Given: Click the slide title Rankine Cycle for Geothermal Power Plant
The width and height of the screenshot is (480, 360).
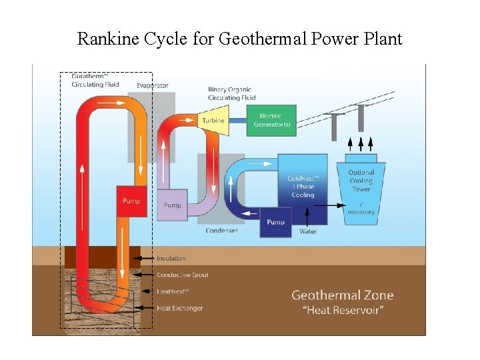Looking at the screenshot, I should pos(239,39).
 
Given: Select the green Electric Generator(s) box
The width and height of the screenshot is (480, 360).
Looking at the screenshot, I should pos(271,121).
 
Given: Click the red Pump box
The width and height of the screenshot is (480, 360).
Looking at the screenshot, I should pos(131,201).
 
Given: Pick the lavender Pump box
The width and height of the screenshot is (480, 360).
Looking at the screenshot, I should pos(172,205).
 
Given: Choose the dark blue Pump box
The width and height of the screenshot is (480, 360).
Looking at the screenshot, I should pos(275,221).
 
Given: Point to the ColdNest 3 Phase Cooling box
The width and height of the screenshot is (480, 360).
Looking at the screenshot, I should pos(303,187).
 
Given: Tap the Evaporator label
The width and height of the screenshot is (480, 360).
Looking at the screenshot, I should pos(153,85).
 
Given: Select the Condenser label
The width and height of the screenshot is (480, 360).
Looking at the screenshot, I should pos(221,231).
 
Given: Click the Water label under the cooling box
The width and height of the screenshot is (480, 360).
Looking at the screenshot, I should pos(308,231).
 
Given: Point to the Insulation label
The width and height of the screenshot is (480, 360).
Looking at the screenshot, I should pos(171,258).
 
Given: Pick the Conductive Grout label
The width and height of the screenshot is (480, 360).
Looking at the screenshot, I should pos(182,275).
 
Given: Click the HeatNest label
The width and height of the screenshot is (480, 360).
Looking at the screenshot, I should pos(173,291).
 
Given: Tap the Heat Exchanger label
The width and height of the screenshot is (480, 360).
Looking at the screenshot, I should pos(179,308).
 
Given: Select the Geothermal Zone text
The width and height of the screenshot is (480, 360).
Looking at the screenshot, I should pos(343,295).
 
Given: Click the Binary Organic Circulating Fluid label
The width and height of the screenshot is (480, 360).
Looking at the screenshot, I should pos(231,93).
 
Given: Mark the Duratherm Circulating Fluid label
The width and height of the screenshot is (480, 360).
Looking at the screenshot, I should pos(95,80).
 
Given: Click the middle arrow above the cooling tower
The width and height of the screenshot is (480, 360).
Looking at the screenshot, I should pos(361,143).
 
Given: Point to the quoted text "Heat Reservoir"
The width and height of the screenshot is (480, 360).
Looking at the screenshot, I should pos(343,310).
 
